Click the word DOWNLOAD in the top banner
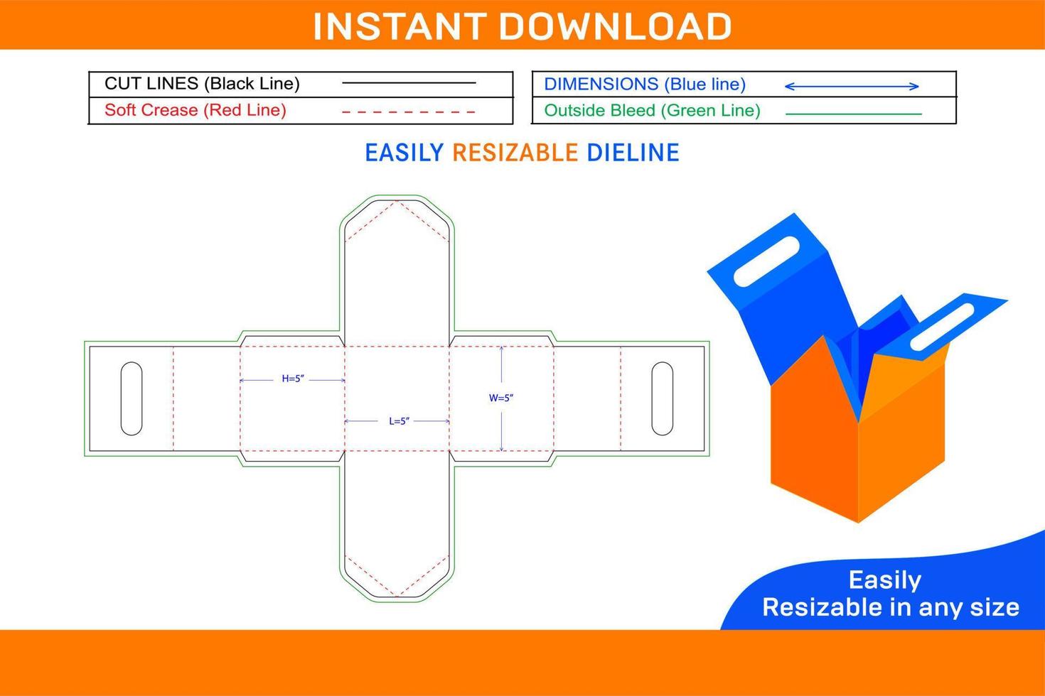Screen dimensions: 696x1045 (x=616, y=26)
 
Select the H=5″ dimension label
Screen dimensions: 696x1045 (x=293, y=379)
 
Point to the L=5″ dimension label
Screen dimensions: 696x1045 (x=399, y=421)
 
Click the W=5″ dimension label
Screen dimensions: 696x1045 (x=501, y=398)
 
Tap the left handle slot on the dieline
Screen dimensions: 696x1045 (x=132, y=398)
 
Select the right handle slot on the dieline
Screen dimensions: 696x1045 (x=662, y=398)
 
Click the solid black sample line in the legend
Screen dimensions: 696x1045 (x=409, y=83)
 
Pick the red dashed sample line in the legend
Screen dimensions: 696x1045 (x=409, y=112)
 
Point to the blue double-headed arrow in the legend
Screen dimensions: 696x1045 (x=852, y=87)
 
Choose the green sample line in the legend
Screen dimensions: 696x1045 (x=853, y=114)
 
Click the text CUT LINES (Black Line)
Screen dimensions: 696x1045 (x=202, y=84)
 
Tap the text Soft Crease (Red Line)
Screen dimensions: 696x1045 (x=195, y=110)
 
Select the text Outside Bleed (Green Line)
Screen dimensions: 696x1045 (x=652, y=111)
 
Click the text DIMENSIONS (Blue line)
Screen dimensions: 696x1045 (x=645, y=85)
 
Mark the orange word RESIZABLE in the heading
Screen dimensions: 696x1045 (x=515, y=153)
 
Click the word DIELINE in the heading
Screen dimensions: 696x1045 (x=633, y=153)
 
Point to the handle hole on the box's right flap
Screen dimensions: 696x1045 (x=942, y=327)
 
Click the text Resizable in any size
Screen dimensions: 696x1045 (x=891, y=607)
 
